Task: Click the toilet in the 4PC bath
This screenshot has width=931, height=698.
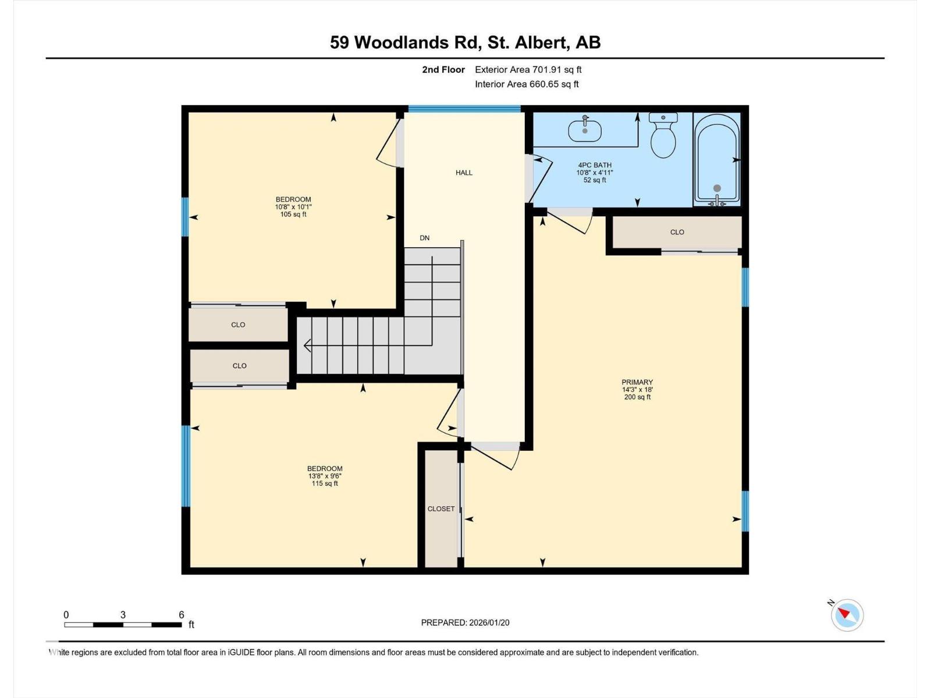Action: pyautogui.click(x=663, y=137)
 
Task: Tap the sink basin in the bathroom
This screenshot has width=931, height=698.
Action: pyautogui.click(x=585, y=130)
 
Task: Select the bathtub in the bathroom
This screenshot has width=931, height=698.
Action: pyautogui.click(x=717, y=158)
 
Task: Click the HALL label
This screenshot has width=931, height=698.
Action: pyautogui.click(x=464, y=173)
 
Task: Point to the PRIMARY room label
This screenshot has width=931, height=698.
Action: pyautogui.click(x=637, y=382)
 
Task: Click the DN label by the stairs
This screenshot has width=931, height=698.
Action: pyautogui.click(x=425, y=238)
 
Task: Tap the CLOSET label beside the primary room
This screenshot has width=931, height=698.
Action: pyautogui.click(x=441, y=509)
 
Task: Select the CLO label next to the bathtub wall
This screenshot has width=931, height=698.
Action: pyautogui.click(x=677, y=232)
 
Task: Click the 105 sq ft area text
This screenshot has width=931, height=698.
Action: pyautogui.click(x=293, y=215)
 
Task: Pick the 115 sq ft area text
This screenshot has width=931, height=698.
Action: pyautogui.click(x=325, y=483)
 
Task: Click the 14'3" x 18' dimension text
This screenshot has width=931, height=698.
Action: pyautogui.click(x=637, y=390)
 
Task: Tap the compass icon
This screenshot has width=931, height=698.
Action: pyautogui.click(x=847, y=615)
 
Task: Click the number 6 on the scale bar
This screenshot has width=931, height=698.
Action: pyautogui.click(x=182, y=615)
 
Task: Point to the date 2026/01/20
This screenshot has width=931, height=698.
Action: pyautogui.click(x=489, y=622)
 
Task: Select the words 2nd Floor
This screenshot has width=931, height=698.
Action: pyautogui.click(x=443, y=70)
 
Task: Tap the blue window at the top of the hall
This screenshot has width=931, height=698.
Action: pyautogui.click(x=464, y=109)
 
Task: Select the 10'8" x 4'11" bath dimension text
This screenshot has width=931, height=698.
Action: pyautogui.click(x=595, y=173)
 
